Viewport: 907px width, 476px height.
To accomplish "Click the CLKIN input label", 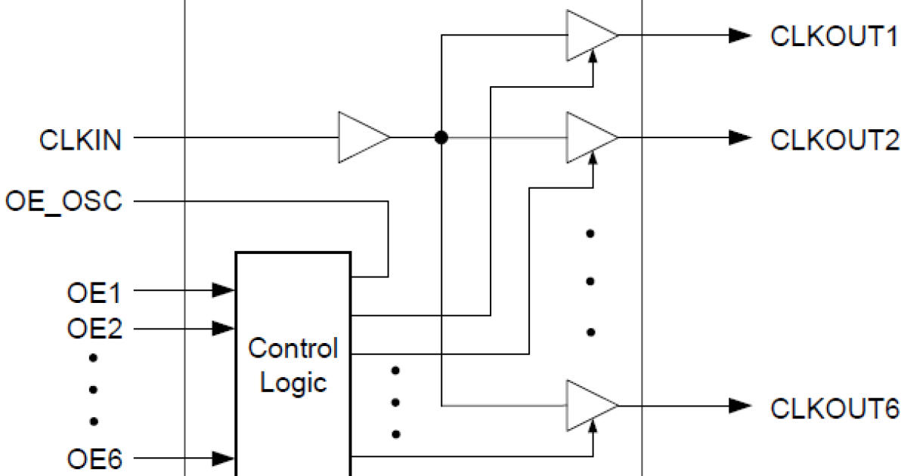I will pyautogui.click(x=81, y=140).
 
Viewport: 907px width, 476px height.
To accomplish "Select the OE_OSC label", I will pyautogui.click(x=63, y=202).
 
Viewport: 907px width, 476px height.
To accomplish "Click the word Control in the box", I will pyautogui.click(x=293, y=349).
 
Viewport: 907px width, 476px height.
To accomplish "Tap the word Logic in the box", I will pyautogui.click(x=293, y=382).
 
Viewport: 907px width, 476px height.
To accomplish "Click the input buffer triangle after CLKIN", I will pyautogui.click(x=361, y=138).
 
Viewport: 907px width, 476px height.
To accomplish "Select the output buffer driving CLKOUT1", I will pyautogui.click(x=590, y=36).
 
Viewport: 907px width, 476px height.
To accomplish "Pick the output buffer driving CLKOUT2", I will pyautogui.click(x=590, y=138).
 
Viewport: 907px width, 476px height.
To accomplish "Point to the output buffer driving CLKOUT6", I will pyautogui.click(x=590, y=406).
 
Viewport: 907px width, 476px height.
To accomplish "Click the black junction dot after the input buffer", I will pyautogui.click(x=441, y=138).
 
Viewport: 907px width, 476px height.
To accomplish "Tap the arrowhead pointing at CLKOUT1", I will pyautogui.click(x=739, y=36).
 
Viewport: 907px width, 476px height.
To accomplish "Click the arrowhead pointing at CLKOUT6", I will pyautogui.click(x=739, y=406).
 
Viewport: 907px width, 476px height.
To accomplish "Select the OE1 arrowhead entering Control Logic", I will pyautogui.click(x=223, y=290).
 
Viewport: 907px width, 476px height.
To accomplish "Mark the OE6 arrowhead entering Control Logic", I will pyautogui.click(x=223, y=458).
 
